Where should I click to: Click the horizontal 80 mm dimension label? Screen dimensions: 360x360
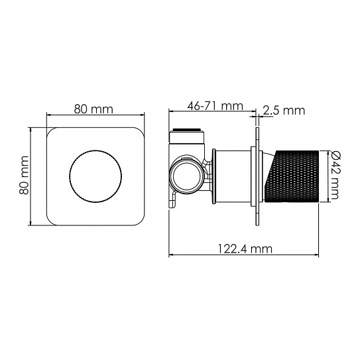(x=93, y=109)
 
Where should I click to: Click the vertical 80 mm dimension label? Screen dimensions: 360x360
(x=24, y=175)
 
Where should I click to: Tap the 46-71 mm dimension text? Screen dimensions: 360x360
(x=215, y=106)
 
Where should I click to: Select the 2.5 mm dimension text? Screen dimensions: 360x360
(x=284, y=111)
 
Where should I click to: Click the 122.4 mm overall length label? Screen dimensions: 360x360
(x=245, y=249)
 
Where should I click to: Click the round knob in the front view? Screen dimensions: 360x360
(x=95, y=176)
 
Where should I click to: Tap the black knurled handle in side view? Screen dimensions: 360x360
(x=292, y=176)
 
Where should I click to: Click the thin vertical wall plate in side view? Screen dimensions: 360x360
(x=257, y=176)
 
